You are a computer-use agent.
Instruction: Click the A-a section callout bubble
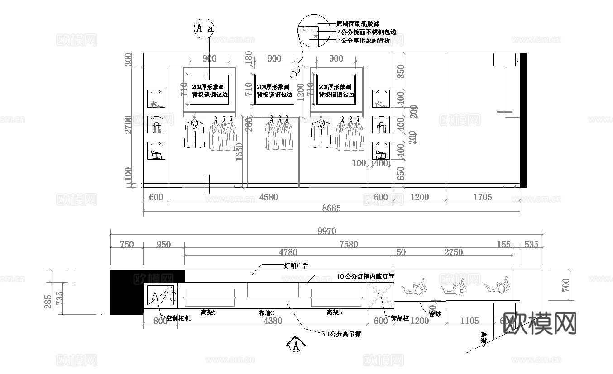click(204, 28)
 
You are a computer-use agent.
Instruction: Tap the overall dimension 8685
click(331, 208)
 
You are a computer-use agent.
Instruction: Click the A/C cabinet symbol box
click(160, 297)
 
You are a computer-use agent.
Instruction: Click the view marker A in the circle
click(296, 346)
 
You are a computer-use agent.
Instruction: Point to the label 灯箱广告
click(292, 266)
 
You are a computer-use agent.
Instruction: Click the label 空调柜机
click(178, 318)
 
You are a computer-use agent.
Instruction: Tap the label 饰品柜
click(399, 318)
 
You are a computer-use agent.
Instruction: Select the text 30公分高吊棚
click(340, 335)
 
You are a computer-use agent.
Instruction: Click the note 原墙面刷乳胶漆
click(358, 24)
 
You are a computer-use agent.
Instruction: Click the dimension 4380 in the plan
click(273, 321)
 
